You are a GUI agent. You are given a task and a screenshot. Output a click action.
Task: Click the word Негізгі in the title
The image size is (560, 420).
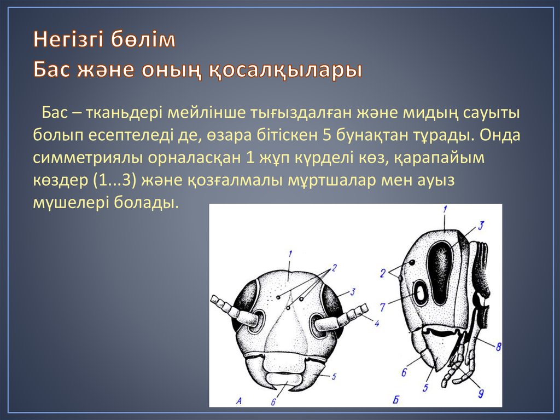coord(70,41)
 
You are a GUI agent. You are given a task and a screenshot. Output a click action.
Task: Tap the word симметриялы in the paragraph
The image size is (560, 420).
coord(81,158)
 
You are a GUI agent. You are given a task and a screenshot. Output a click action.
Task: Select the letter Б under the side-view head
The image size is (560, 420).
coord(395,400)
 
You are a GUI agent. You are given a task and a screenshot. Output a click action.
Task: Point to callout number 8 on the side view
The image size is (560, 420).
coord(499,346)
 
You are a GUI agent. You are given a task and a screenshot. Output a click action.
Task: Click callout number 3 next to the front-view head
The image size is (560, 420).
coord(354,292)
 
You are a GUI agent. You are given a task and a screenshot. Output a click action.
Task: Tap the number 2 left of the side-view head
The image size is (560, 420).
coord(384,272)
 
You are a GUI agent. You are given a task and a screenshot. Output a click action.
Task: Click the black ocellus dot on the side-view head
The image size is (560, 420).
coord(411,263)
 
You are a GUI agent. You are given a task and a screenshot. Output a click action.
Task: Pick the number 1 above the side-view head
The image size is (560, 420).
coord(445,209)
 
